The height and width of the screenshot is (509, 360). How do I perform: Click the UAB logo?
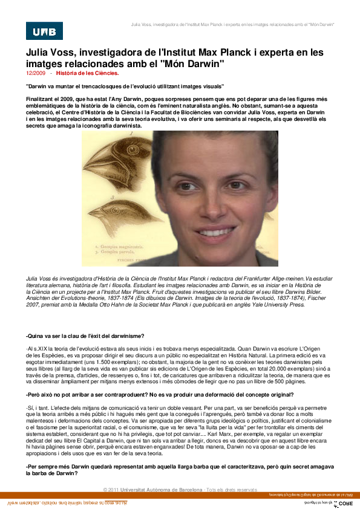(x=44, y=31)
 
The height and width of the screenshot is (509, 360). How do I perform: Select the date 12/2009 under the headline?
(x=36, y=73)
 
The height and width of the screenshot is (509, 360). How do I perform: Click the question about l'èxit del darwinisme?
(x=85, y=336)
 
